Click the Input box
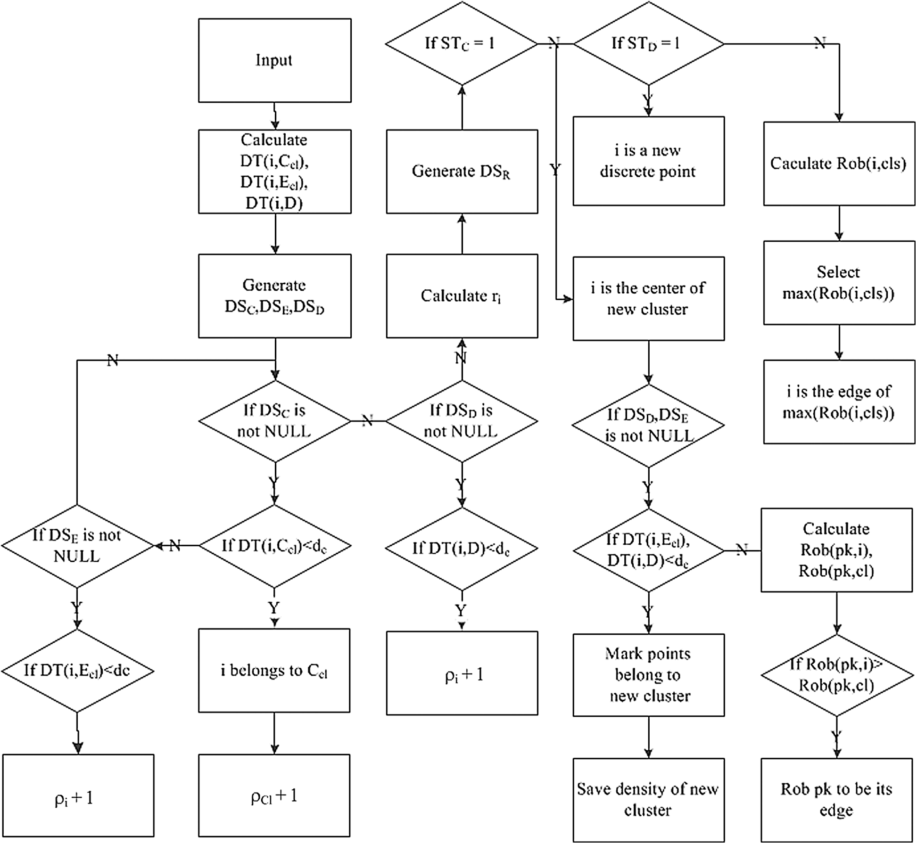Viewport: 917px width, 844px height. (274, 60)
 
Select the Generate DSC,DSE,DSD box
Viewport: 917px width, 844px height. (274, 296)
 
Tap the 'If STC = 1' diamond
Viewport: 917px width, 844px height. (461, 44)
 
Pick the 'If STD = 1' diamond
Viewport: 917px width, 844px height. (648, 44)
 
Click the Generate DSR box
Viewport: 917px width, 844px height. (462, 172)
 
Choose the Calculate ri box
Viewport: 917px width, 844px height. (462, 296)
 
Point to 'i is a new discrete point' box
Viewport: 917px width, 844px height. (648, 161)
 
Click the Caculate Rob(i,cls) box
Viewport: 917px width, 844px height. (839, 164)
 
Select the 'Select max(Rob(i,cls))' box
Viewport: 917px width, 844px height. (839, 283)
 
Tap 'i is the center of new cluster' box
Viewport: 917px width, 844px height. (648, 298)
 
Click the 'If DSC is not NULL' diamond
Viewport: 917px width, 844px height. (274, 421)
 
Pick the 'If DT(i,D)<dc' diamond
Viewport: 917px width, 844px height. (462, 548)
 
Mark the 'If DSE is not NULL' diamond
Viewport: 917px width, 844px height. (77, 546)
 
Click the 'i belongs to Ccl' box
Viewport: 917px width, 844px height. (274, 671)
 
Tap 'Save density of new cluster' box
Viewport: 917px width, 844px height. (648, 800)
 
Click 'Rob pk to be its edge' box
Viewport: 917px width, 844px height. (836, 800)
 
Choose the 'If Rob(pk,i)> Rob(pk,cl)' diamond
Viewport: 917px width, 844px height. (836, 675)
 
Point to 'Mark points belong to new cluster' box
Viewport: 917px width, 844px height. (648, 675)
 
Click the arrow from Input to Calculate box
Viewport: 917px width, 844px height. (275, 116)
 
